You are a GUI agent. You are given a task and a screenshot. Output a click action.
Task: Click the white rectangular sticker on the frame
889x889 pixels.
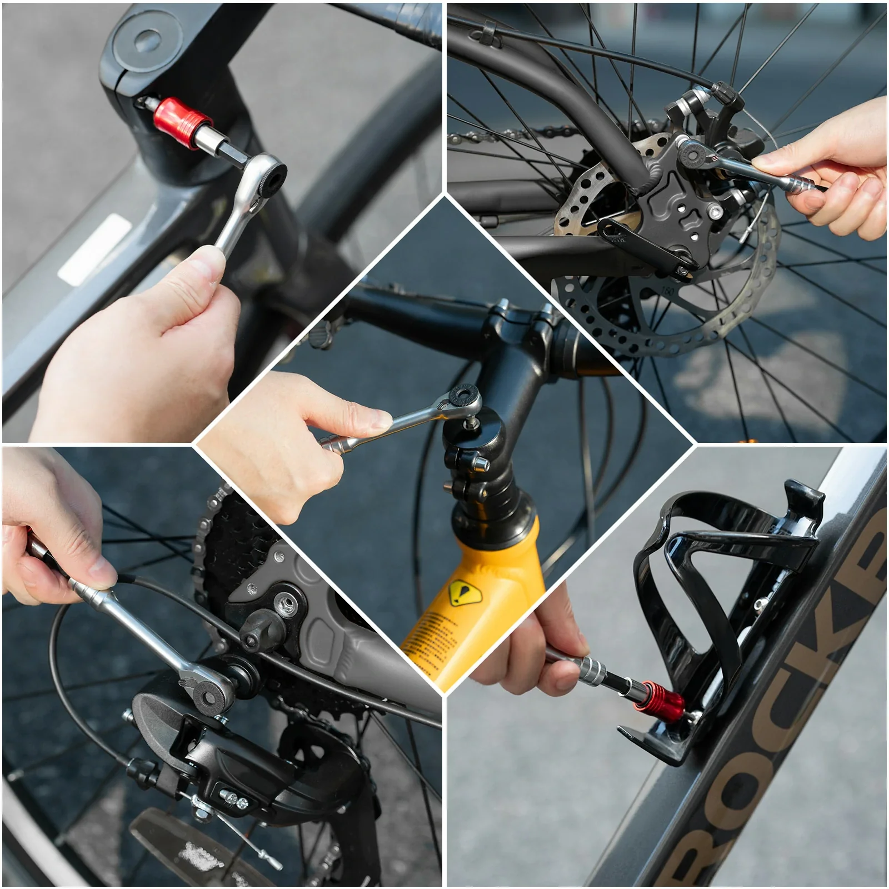(x=94, y=248)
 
